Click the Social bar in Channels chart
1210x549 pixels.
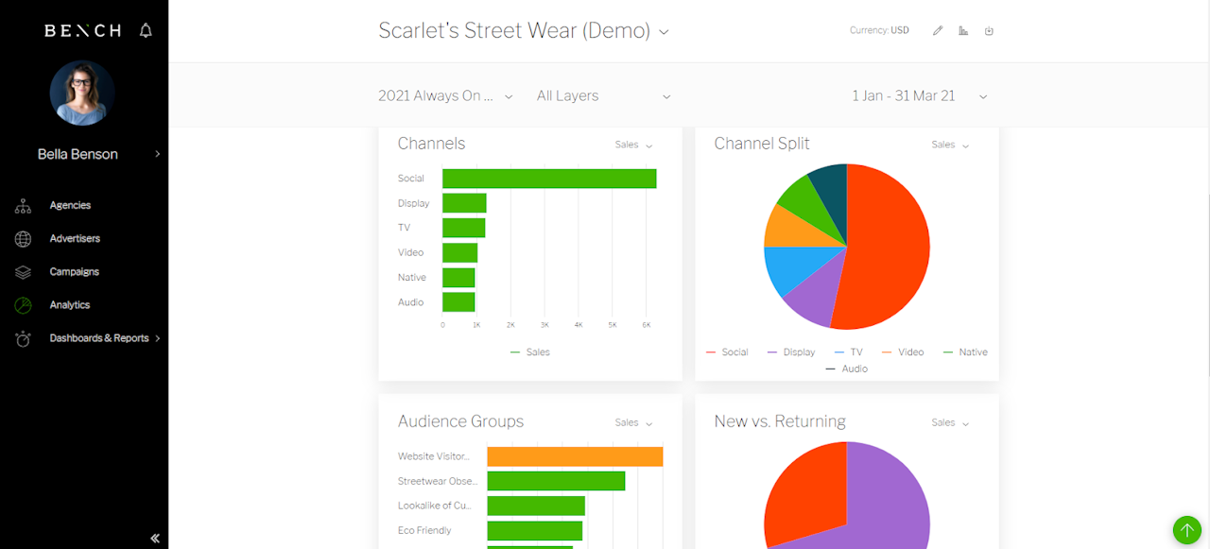[x=548, y=179]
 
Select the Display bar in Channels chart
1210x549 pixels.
[x=464, y=203]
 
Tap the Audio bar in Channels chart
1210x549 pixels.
[x=458, y=302]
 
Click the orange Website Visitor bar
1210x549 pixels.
[x=575, y=456]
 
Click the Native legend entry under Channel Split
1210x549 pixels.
[x=965, y=352]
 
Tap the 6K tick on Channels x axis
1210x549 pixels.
[x=646, y=325]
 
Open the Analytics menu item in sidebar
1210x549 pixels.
[x=70, y=305]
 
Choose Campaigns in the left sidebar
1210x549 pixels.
[x=74, y=272]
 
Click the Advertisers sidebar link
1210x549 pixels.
[x=75, y=239]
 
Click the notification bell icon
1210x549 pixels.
[x=146, y=30]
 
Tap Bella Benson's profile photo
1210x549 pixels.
[x=82, y=93]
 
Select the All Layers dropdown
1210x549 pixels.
[x=603, y=96]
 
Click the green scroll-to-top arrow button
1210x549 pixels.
[x=1186, y=530]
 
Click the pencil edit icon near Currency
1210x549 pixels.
[x=938, y=31]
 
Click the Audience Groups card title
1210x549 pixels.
[x=460, y=421]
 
